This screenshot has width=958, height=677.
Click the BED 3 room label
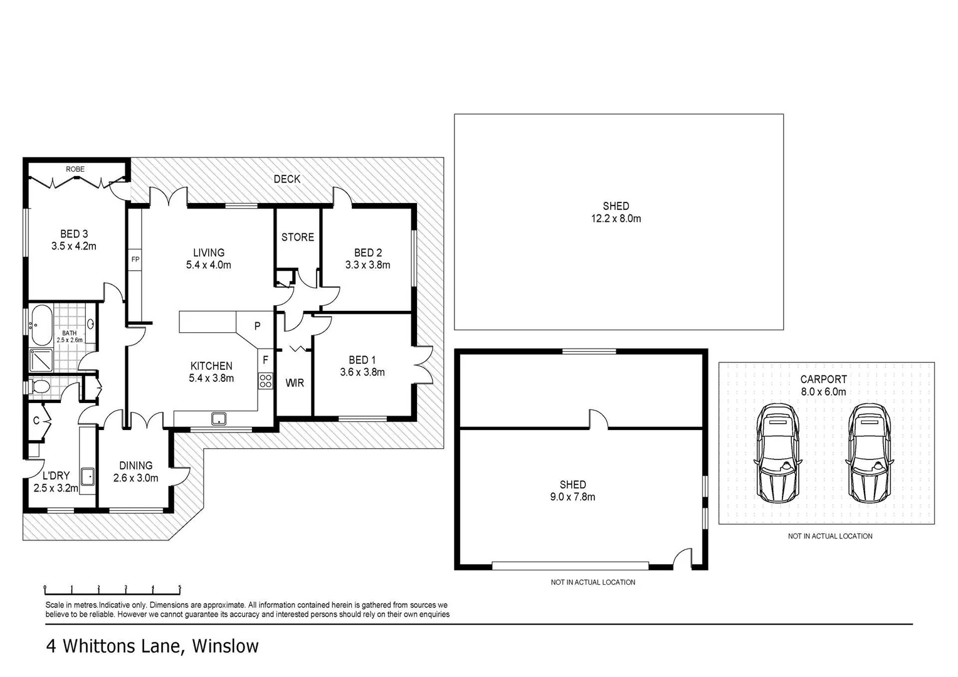click(73, 234)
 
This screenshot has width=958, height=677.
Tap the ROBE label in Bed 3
click(75, 169)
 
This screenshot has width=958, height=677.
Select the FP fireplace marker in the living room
click(135, 259)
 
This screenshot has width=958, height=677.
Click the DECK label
click(287, 179)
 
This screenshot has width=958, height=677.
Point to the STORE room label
click(297, 237)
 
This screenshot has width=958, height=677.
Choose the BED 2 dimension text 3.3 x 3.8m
click(367, 265)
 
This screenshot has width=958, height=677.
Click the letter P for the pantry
click(257, 327)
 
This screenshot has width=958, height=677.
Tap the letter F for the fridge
click(265, 360)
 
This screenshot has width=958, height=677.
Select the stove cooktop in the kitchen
click(266, 380)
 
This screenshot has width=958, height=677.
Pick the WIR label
click(294, 382)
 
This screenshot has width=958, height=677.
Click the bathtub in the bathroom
click(41, 325)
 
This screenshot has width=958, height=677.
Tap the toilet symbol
click(39, 387)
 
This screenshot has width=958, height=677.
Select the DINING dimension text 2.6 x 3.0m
click(135, 478)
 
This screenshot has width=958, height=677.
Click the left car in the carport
click(777, 452)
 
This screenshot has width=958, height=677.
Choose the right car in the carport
click(868, 452)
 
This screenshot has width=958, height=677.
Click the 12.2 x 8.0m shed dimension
click(616, 219)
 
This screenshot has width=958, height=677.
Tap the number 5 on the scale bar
click(180, 587)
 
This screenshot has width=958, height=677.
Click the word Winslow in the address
click(225, 646)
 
